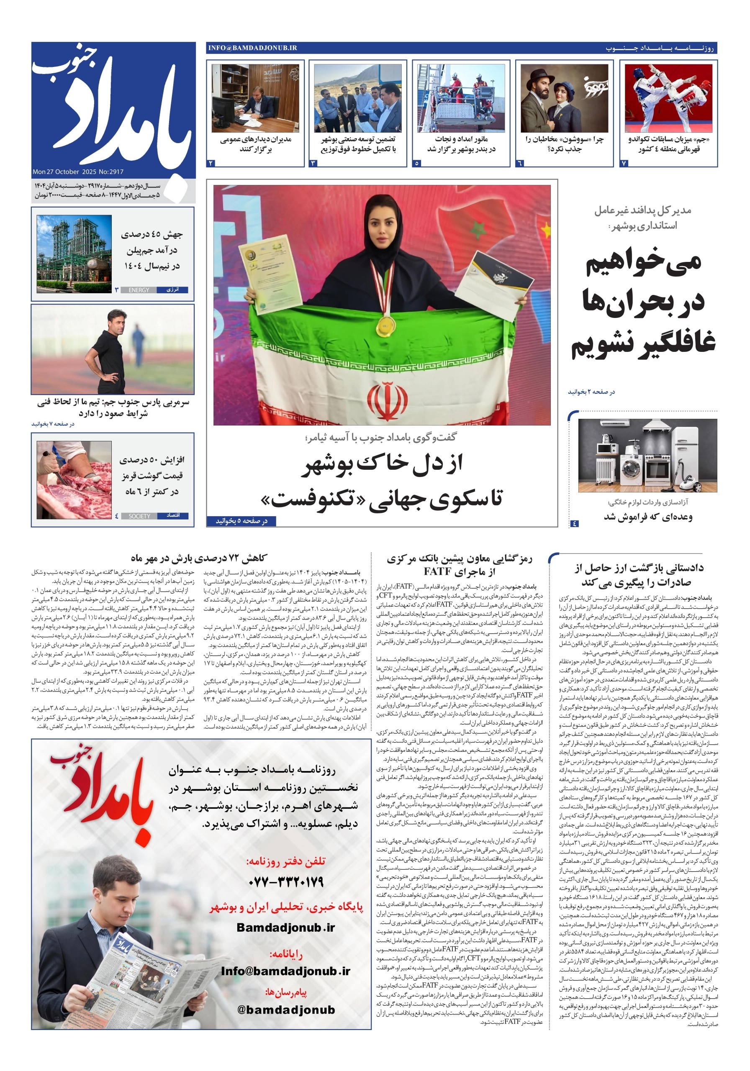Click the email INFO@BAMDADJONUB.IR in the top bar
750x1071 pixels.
(252, 48)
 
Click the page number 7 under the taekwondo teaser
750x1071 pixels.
(624, 163)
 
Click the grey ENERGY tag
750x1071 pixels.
(139, 290)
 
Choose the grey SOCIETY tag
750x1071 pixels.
(139, 516)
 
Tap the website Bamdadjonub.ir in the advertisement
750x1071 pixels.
(285, 928)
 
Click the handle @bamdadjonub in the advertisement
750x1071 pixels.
(285, 1010)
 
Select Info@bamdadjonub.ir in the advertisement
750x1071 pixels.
(285, 971)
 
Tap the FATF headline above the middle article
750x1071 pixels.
(459, 565)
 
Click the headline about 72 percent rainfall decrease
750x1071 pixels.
(199, 558)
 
